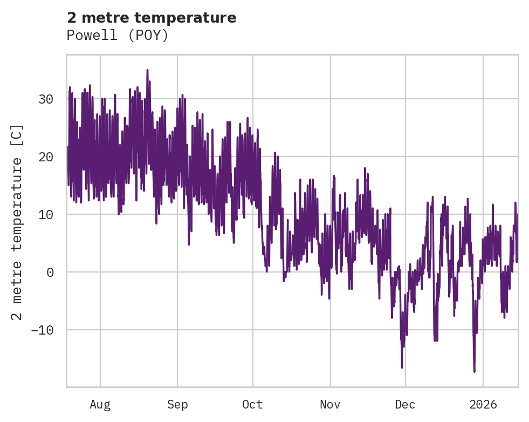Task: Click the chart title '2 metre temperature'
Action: [152, 18]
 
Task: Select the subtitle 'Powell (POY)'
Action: [118, 36]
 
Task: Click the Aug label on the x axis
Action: [100, 405]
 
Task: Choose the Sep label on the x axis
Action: [177, 405]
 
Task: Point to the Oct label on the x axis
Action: [252, 405]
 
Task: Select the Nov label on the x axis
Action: [330, 405]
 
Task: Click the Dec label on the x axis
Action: [405, 405]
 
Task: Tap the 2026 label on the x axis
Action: [483, 405]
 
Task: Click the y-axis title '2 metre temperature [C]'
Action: [17, 221]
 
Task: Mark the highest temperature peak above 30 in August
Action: [147, 70]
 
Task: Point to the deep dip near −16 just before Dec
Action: [402, 367]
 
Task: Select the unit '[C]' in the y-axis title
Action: [17, 135]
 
